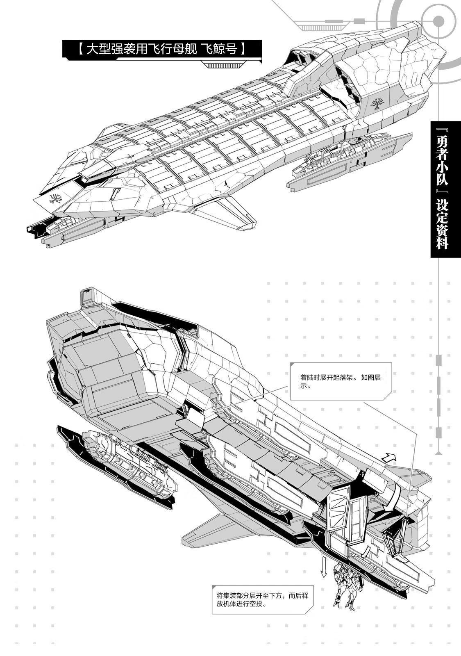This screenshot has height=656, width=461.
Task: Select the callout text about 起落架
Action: [x=340, y=381]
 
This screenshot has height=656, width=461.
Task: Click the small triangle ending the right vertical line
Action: [x=439, y=453]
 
